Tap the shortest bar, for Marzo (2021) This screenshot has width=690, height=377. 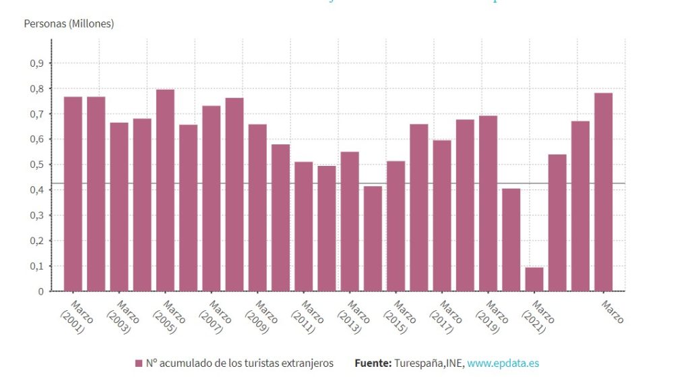(x=534, y=279)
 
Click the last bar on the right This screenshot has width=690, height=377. (x=603, y=192)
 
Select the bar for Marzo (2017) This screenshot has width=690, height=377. (x=442, y=216)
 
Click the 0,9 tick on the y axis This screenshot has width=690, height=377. (x=36, y=63)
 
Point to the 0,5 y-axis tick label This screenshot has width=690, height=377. (x=36, y=165)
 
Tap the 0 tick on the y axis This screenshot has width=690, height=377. (x=40, y=291)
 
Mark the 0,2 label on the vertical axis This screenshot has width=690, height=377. (x=36, y=241)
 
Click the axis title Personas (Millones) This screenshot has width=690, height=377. (x=69, y=24)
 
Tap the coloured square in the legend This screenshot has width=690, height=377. (x=139, y=364)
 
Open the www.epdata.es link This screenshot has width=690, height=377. (x=503, y=364)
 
